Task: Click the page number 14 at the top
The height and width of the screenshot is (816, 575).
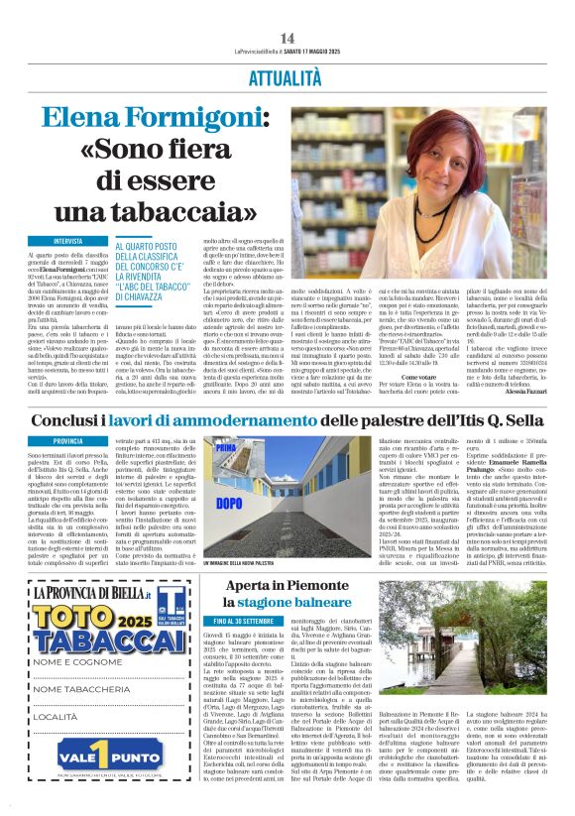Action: [287, 38]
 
